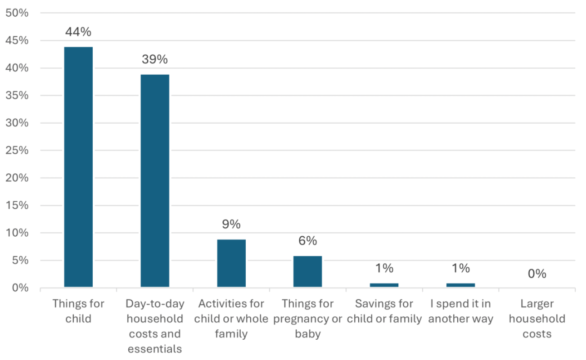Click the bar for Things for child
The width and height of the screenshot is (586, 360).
click(x=78, y=166)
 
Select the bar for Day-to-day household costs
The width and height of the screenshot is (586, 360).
click(x=155, y=180)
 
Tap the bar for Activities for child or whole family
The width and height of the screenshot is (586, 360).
click(x=231, y=263)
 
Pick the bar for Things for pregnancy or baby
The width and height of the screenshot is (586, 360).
click(x=307, y=271)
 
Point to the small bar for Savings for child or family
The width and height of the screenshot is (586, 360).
click(x=384, y=285)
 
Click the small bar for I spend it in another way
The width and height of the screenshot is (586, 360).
click(x=460, y=285)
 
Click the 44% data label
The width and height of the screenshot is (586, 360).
click(x=78, y=32)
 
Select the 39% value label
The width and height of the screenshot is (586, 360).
click(x=155, y=59)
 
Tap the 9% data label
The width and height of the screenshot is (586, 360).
click(x=231, y=224)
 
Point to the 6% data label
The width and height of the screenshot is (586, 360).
click(x=307, y=241)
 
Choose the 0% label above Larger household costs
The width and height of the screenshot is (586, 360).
click(x=537, y=274)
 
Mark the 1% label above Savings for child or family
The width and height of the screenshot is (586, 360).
click(x=384, y=268)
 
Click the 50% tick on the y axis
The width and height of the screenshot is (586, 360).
click(x=17, y=13)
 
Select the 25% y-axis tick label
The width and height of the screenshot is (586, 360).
click(x=17, y=150)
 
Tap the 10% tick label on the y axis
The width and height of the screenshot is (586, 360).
click(x=17, y=233)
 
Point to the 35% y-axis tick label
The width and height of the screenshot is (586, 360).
click(x=17, y=95)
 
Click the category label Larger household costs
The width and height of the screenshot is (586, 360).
click(x=537, y=319)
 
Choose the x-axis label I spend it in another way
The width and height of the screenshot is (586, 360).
click(x=460, y=311)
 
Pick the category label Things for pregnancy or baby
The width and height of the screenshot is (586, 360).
click(x=307, y=319)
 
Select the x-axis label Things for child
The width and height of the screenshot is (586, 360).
click(x=78, y=311)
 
